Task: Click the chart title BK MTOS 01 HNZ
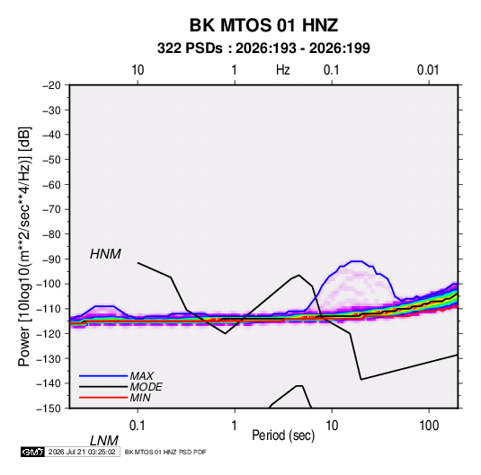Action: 263,25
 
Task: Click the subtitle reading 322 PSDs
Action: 190,48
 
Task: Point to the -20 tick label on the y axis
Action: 51,85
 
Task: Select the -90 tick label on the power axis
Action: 51,259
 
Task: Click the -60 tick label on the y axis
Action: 51,184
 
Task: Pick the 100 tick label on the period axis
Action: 429,426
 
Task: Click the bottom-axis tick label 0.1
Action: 138,426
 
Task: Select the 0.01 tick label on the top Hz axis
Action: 428,70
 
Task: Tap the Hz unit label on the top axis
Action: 282,70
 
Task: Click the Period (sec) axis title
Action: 283,435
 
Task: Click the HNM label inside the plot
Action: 105,254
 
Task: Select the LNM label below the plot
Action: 104,441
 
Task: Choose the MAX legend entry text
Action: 142,375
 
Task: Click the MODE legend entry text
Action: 146,387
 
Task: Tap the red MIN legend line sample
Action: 103,398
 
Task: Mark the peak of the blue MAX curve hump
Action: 356,261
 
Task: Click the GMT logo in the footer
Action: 32,452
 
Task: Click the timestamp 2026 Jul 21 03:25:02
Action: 82,452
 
